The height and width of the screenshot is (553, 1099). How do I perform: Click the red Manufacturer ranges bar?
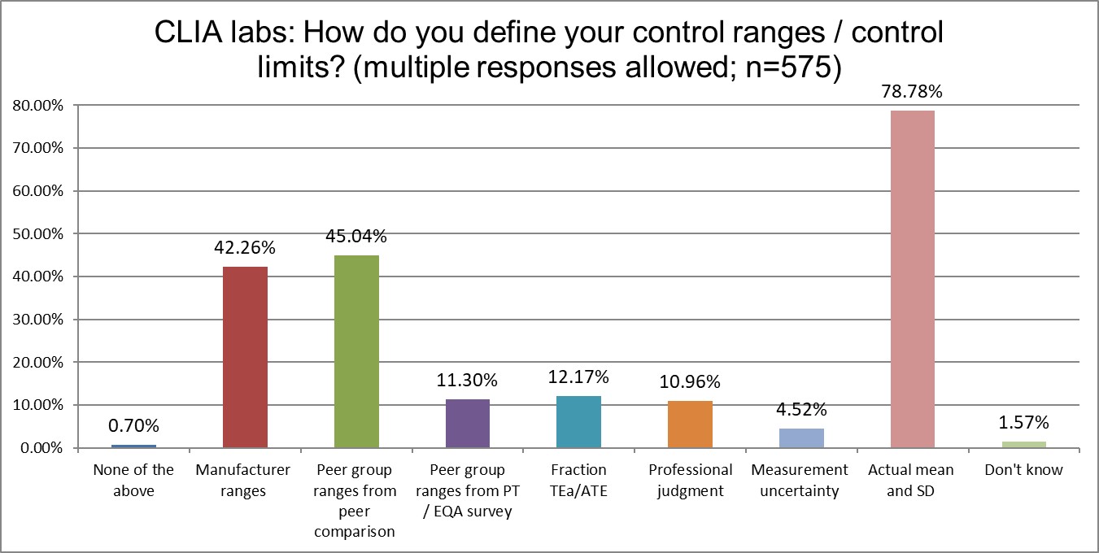(245, 357)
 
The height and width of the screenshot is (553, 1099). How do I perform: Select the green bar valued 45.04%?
(356, 351)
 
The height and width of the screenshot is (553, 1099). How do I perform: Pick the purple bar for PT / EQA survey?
(468, 423)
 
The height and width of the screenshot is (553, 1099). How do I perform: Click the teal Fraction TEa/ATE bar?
(578, 421)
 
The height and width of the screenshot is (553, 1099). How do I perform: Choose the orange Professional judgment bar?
(690, 424)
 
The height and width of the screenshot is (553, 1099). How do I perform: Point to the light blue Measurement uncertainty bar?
(801, 438)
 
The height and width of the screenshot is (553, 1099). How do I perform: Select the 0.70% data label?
(133, 425)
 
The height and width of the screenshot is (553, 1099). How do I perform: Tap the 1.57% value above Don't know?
(1023, 422)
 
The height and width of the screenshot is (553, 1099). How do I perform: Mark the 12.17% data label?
(578, 377)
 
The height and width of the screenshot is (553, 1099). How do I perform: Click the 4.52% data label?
(801, 409)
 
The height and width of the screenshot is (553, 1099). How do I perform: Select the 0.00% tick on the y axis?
(41, 447)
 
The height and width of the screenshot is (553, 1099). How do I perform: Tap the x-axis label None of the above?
(133, 480)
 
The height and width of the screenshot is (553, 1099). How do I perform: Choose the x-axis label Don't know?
(1023, 470)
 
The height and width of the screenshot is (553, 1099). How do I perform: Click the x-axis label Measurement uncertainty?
(800, 480)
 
